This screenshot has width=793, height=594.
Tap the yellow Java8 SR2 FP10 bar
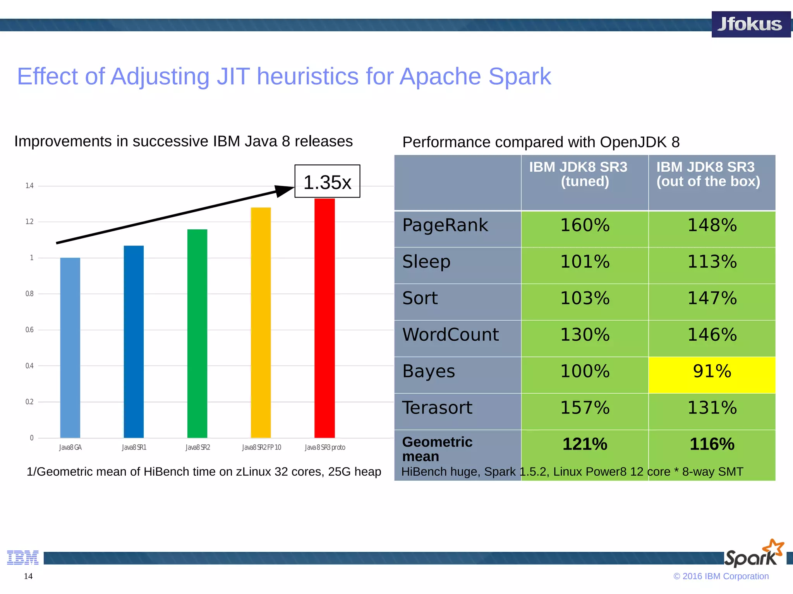tap(261, 323)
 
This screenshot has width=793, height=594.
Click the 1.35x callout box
tap(327, 181)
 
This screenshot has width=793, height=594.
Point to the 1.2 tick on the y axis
tap(29, 222)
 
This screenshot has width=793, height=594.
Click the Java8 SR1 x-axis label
tap(134, 447)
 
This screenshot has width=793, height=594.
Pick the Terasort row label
tap(437, 408)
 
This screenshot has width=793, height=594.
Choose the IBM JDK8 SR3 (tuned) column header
tap(585, 174)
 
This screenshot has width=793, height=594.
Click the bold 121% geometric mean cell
tap(585, 444)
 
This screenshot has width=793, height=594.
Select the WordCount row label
tap(450, 335)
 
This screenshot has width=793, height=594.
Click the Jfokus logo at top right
tap(750, 24)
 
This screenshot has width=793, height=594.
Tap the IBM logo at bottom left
tap(23, 557)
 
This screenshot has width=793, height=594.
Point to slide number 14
tap(28, 576)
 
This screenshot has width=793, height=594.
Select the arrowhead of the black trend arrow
tap(284, 190)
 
